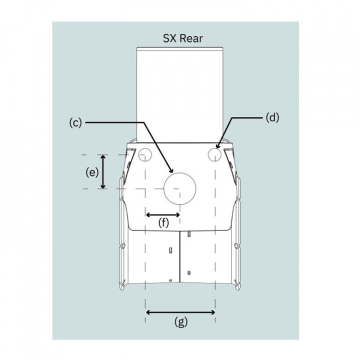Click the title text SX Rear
coord(183,38)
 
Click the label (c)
coord(75,123)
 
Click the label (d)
coord(272,118)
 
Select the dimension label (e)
coord(92,172)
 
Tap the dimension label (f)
coord(163,222)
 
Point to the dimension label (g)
coord(181,321)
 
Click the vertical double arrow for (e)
coord(103,171)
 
